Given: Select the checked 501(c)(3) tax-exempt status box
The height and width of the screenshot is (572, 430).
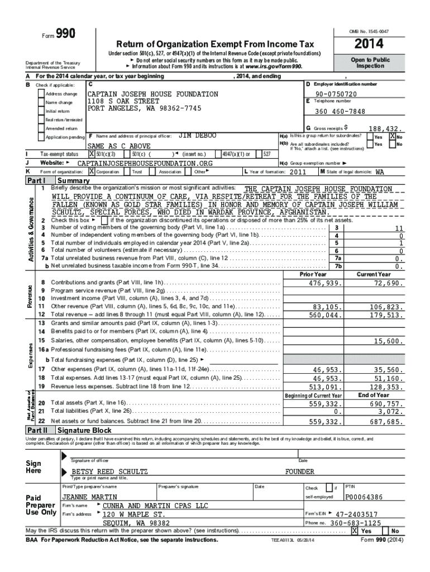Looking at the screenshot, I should [x=91, y=154].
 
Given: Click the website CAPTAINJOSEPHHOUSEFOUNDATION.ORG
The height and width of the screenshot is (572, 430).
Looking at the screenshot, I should [x=145, y=163].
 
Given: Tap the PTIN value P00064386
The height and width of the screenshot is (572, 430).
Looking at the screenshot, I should [x=364, y=497].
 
